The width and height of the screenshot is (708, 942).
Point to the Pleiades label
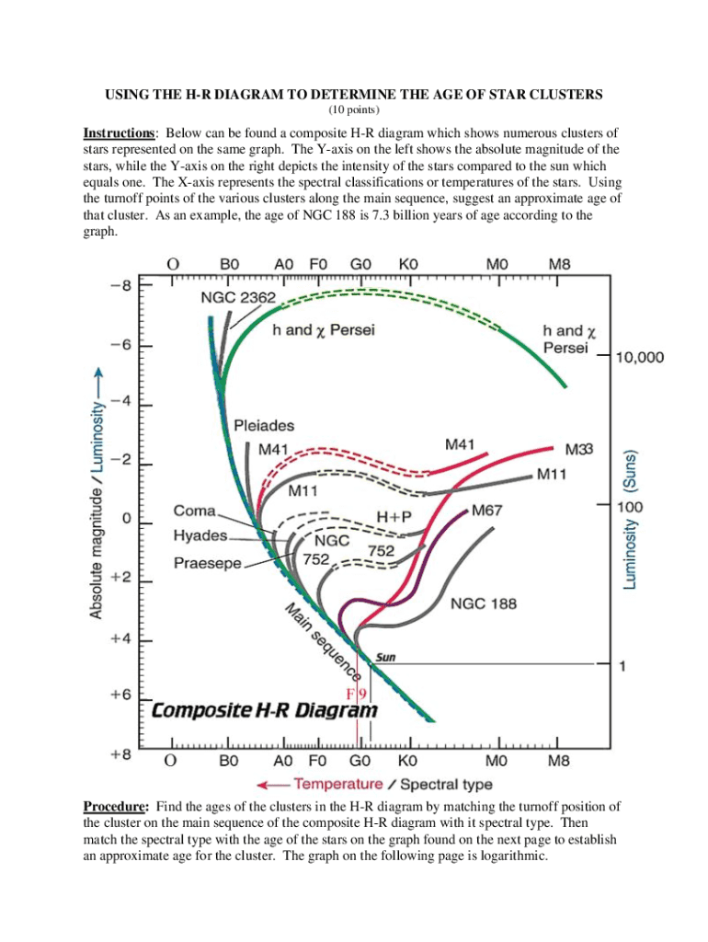coord(265,426)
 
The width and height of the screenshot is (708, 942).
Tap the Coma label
coord(195,511)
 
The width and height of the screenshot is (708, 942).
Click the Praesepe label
coord(207,562)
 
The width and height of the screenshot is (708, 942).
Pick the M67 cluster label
coord(486,510)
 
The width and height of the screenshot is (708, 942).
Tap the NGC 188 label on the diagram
coord(483,604)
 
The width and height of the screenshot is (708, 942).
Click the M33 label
coord(577,449)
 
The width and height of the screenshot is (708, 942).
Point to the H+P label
coord(393,518)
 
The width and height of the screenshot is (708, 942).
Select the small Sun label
coord(386,658)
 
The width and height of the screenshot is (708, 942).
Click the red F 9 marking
coord(357,693)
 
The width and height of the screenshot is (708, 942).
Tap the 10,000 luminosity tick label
coord(639,359)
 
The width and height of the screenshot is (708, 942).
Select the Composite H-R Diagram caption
coord(265,711)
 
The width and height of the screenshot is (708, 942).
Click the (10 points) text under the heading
coord(354,110)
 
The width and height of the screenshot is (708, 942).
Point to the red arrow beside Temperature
coord(275,785)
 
